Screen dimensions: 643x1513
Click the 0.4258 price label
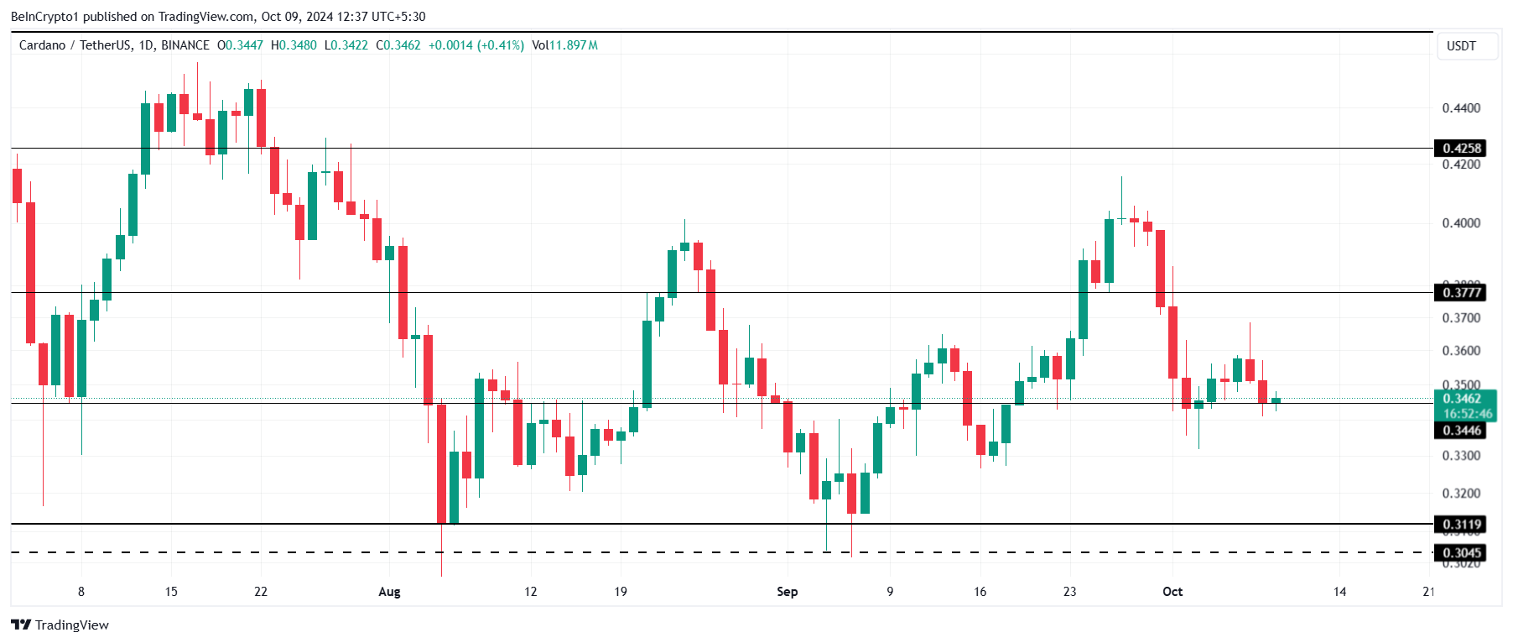pyautogui.click(x=1461, y=149)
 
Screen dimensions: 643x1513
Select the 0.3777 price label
pyautogui.click(x=1461, y=292)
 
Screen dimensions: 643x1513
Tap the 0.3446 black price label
pyautogui.click(x=1461, y=431)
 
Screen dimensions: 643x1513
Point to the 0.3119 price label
pyautogui.click(x=1461, y=525)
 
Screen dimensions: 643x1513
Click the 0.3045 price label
pyautogui.click(x=1461, y=552)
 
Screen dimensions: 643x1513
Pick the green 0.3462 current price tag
pyautogui.click(x=1461, y=399)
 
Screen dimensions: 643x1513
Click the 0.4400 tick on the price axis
pyautogui.click(x=1461, y=108)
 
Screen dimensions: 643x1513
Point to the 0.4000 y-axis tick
pyautogui.click(x=1461, y=223)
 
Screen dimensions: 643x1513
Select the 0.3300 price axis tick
pyautogui.click(x=1461, y=456)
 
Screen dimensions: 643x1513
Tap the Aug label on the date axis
pyautogui.click(x=389, y=592)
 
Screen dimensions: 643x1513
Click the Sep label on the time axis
pyautogui.click(x=787, y=592)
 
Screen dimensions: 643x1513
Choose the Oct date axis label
pyautogui.click(x=1172, y=592)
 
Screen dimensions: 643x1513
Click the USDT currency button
pyautogui.click(x=1461, y=46)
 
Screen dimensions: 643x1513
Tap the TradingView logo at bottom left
pyautogui.click(x=60, y=625)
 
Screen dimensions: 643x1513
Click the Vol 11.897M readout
pyautogui.click(x=564, y=45)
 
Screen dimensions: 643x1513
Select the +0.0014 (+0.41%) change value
pyautogui.click(x=476, y=45)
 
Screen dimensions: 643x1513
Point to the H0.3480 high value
pyautogui.click(x=294, y=45)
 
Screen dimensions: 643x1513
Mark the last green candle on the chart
pyautogui.click(x=1276, y=400)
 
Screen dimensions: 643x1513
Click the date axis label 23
pyautogui.click(x=1069, y=592)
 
